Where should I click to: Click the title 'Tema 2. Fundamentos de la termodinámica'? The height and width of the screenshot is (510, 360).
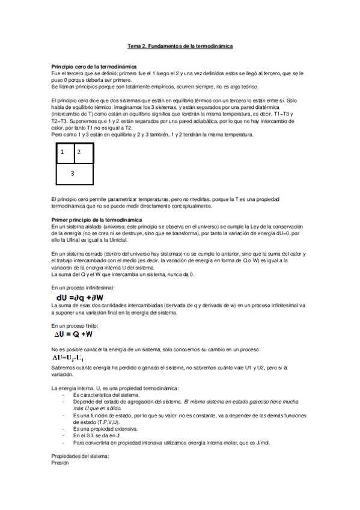click(x=180, y=46)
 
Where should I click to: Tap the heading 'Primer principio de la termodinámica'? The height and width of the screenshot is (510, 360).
click(x=91, y=220)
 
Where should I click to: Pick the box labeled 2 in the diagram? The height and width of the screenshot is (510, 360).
click(x=84, y=153)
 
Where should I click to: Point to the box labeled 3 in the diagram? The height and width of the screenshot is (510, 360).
click(x=73, y=173)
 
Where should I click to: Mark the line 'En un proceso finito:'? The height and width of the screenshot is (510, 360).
click(x=75, y=325)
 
